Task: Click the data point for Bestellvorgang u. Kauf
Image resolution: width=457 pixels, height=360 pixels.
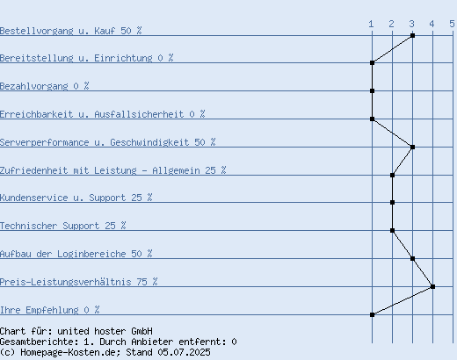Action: pyautogui.click(x=412, y=35)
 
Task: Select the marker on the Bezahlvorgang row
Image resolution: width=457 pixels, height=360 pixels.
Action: pyautogui.click(x=372, y=90)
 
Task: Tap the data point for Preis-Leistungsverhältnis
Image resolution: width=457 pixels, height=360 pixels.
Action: pyautogui.click(x=432, y=286)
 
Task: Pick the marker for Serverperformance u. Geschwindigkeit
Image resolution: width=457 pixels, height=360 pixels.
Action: pyautogui.click(x=412, y=147)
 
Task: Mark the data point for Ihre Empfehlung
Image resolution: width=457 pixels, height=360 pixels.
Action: pyautogui.click(x=372, y=314)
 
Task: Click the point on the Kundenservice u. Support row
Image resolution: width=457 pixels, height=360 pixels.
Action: pyautogui.click(x=392, y=202)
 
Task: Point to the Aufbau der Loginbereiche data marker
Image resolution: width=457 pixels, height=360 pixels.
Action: pyautogui.click(x=412, y=258)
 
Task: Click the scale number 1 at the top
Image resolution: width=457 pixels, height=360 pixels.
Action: pyautogui.click(x=371, y=24)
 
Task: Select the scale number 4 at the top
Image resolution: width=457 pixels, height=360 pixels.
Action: pyautogui.click(x=432, y=24)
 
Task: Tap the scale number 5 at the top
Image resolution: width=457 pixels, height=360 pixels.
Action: pyautogui.click(x=452, y=24)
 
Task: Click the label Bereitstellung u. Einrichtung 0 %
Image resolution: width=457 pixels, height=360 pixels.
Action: pyautogui.click(x=87, y=58)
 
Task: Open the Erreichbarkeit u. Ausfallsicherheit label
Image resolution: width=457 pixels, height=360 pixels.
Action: pyautogui.click(x=103, y=114)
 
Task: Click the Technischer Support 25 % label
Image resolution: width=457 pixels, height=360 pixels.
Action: pyautogui.click(x=63, y=226)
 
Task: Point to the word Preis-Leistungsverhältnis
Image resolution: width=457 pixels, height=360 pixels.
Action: pyautogui.click(x=66, y=282)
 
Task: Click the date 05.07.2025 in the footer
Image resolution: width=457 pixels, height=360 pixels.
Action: pyautogui.click(x=184, y=352)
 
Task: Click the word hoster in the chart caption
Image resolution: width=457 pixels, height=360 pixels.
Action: pyautogui.click(x=110, y=331)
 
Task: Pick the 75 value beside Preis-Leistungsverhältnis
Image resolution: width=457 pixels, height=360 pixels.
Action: pyautogui.click(x=141, y=282)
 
